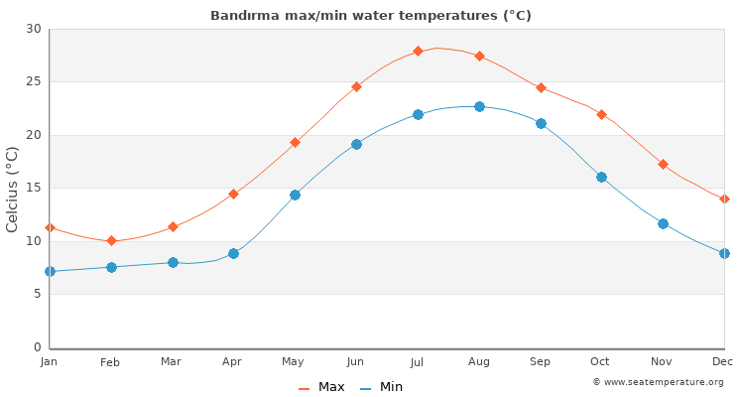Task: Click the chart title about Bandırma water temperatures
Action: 371,16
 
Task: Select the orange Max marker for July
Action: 418,51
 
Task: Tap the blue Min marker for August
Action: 479,106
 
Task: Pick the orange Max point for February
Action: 111,240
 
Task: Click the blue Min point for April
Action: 233,253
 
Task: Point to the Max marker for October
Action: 601,114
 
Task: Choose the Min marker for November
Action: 663,223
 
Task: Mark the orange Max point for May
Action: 295,142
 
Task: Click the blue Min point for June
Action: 356,144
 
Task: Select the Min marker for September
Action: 541,123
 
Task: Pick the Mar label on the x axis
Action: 172,362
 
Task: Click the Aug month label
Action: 479,362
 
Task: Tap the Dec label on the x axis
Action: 724,362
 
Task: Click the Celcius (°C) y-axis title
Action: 13,189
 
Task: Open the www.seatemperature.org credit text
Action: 658,382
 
